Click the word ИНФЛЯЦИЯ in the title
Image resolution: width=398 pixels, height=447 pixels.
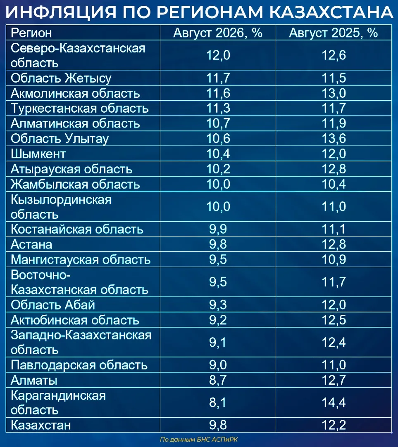coord(61,12)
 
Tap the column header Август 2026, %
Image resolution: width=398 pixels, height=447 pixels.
coord(217,33)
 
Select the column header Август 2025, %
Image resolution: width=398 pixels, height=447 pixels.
coord(333,33)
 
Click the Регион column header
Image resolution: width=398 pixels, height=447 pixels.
coord(31,33)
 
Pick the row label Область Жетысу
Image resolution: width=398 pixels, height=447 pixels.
coord(61,78)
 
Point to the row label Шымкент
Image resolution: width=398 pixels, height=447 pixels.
coord(38,154)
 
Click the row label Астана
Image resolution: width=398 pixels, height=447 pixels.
coord(31,245)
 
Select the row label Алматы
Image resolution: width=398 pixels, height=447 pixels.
coord(34,380)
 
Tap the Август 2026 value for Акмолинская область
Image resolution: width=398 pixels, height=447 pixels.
coord(218,93)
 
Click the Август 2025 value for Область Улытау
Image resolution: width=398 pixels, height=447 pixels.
coord(334,139)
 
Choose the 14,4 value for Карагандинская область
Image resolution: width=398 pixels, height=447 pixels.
coord(334,402)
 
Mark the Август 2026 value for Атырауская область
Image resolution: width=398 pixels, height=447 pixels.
coord(218,169)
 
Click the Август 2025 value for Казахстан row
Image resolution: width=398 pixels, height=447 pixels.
coord(334,425)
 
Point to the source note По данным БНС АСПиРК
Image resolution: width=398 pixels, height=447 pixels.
coord(199,439)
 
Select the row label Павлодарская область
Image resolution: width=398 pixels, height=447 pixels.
coord(79,365)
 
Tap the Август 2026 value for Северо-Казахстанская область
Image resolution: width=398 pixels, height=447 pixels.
coord(218,55)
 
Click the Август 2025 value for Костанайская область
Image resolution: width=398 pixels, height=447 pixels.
coord(334,229)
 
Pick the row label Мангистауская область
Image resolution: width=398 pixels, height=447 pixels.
coord(81,260)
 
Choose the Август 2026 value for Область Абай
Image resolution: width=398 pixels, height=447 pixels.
coord(218,305)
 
